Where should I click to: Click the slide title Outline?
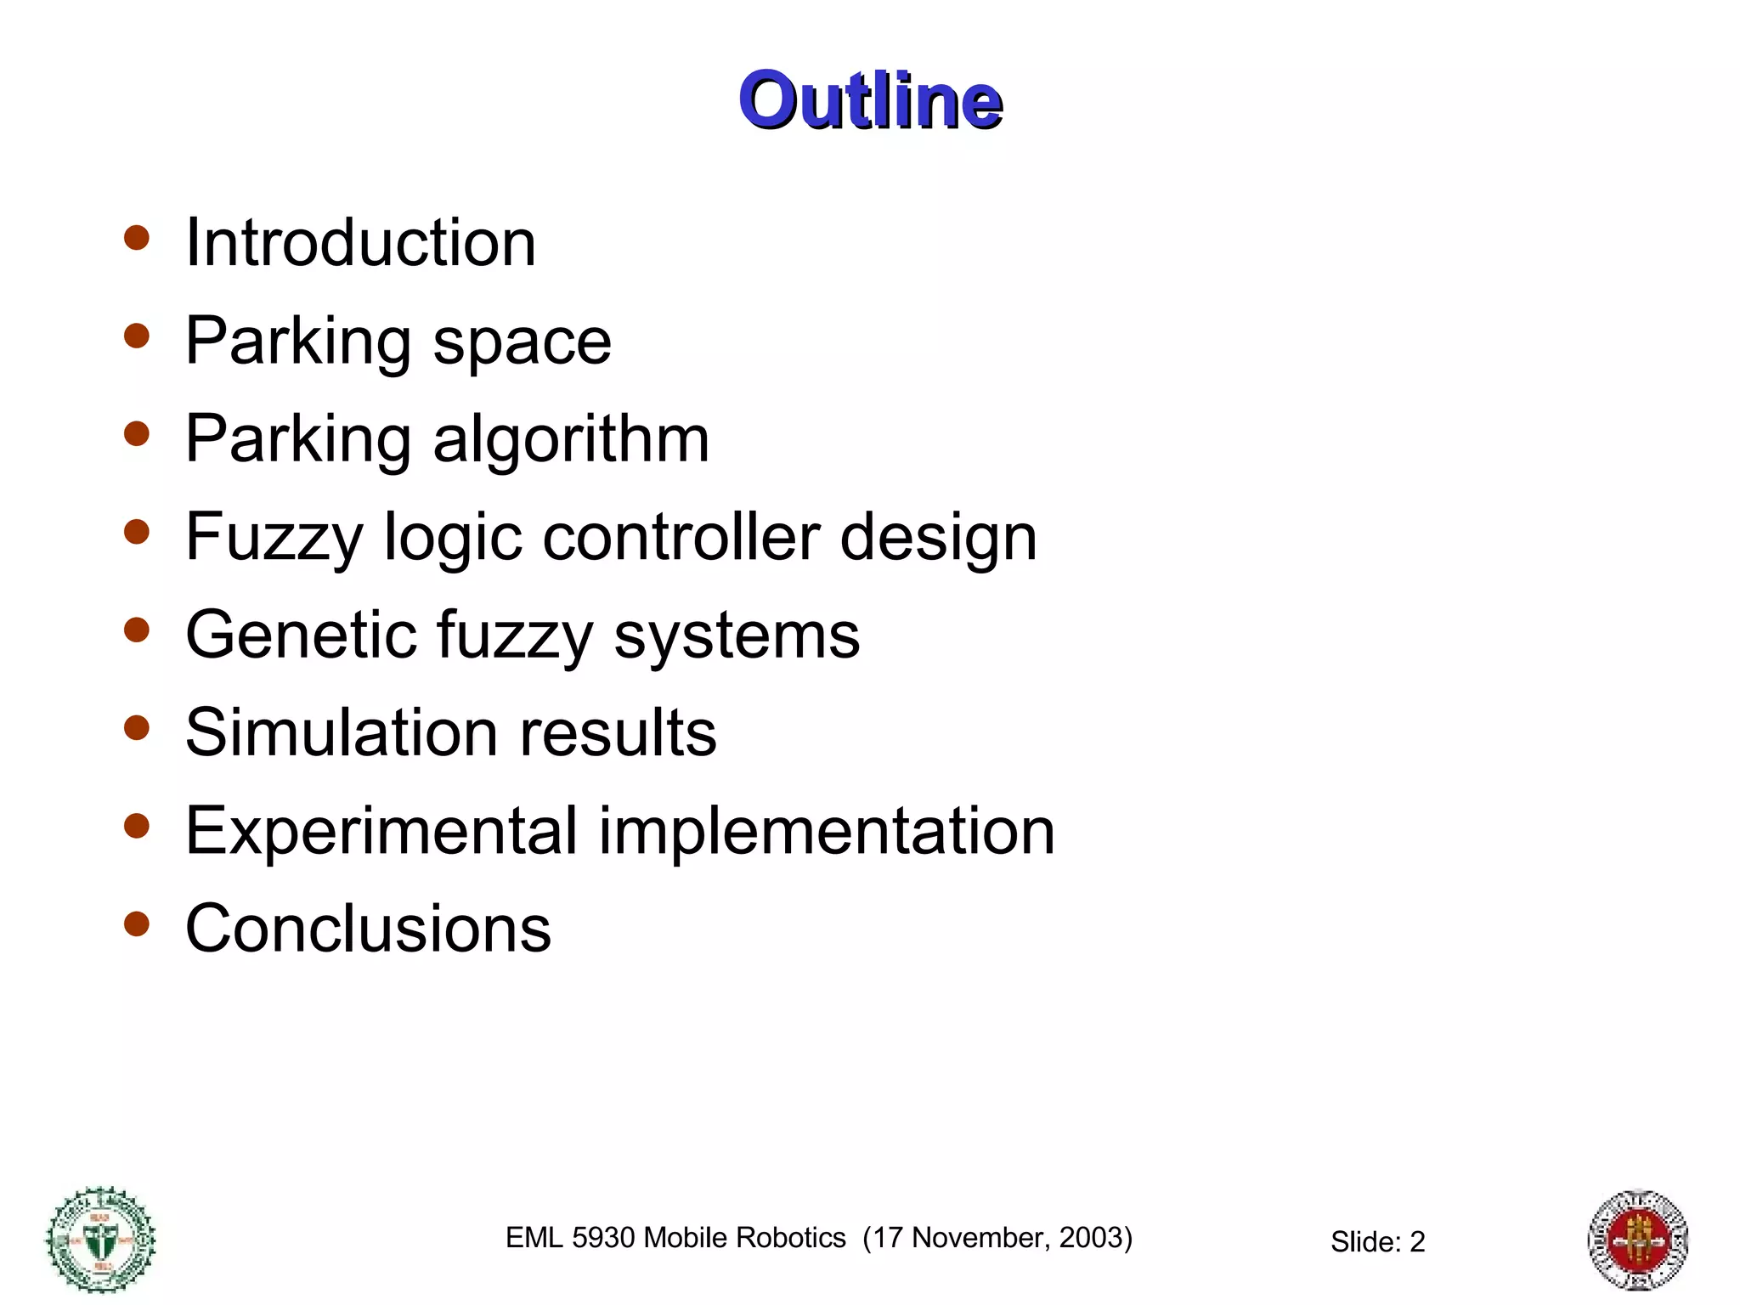tap(870, 100)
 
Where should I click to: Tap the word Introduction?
tap(360, 243)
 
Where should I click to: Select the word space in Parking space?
tap(522, 343)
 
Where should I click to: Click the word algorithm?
tap(571, 439)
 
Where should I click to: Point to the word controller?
tap(681, 537)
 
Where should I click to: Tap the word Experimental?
tap(381, 831)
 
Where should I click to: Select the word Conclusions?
tap(368, 929)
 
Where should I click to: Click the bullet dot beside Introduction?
tap(136, 238)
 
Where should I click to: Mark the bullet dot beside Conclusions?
tap(136, 924)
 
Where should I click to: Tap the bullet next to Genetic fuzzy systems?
tap(136, 630)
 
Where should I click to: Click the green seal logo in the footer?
tap(100, 1240)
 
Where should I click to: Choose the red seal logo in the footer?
tap(1638, 1240)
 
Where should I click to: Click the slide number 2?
tap(1417, 1242)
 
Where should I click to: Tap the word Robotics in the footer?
tap(794, 1238)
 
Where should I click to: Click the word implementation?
tap(827, 831)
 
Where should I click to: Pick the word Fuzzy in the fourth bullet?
tap(274, 539)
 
